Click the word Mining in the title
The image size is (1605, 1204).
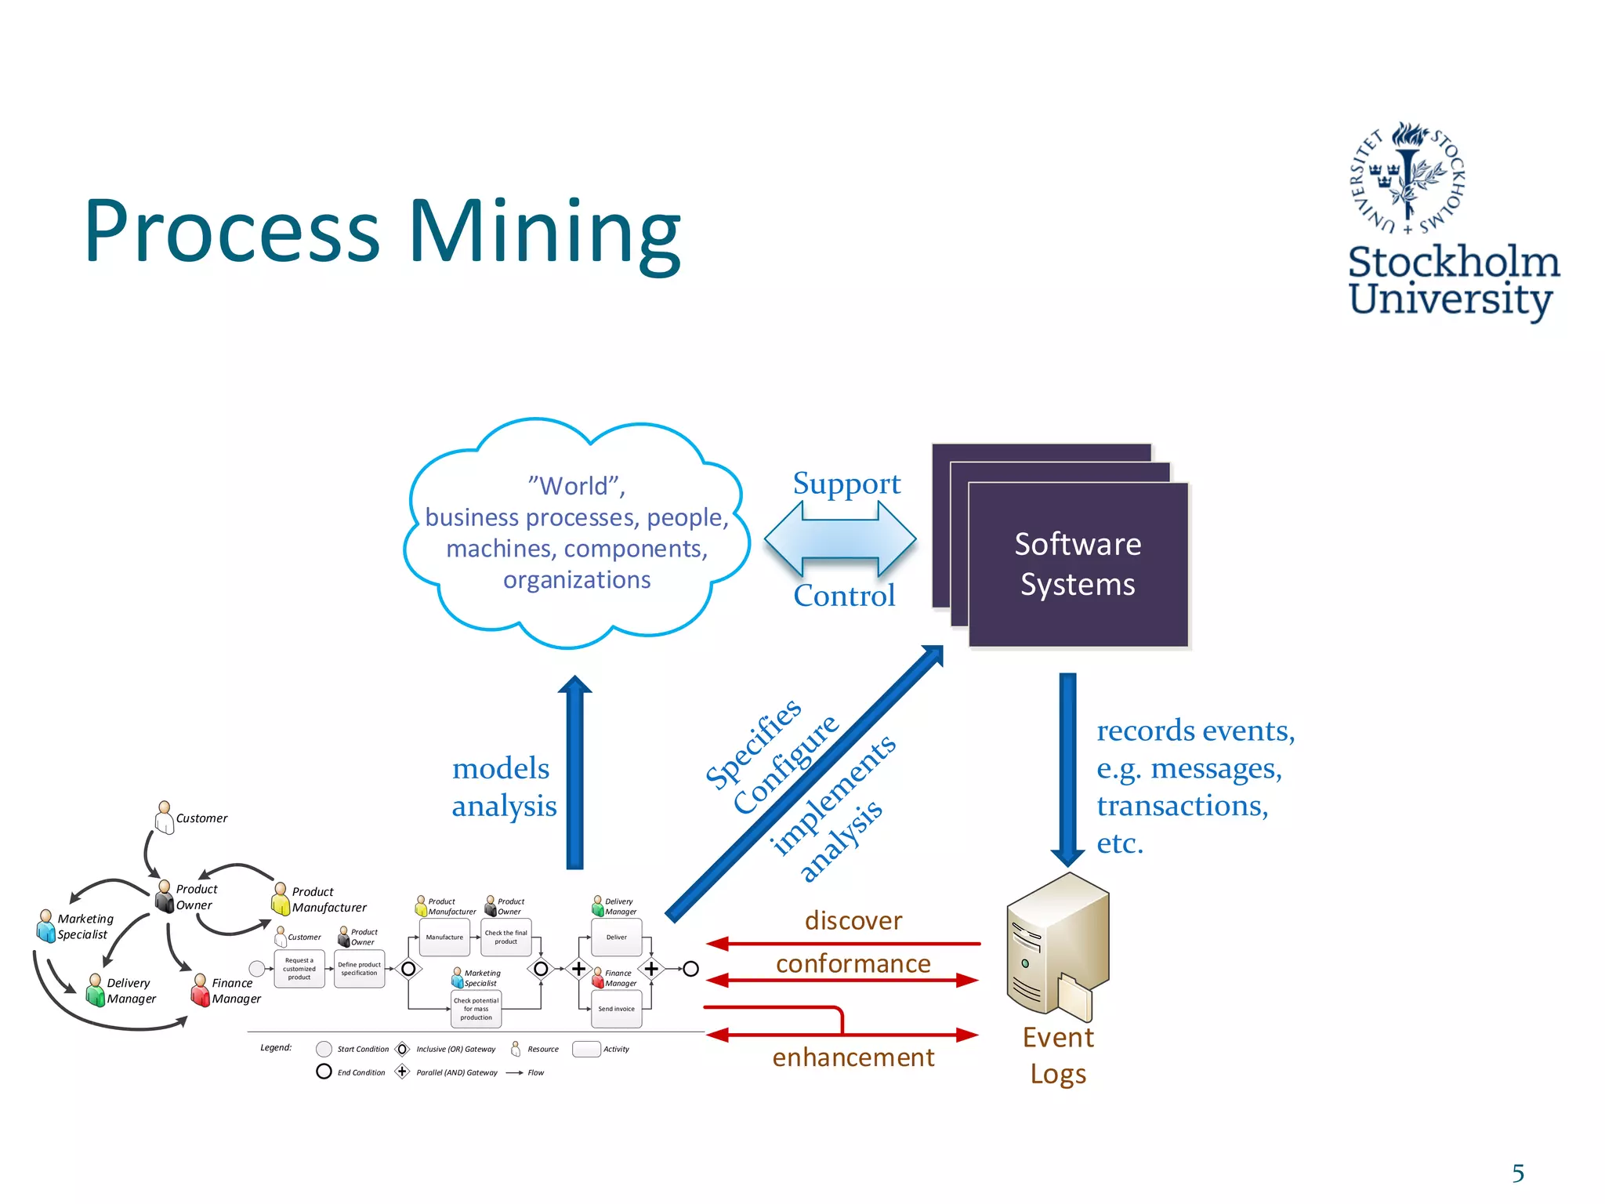[x=544, y=232]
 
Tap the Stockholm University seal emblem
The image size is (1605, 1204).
[x=1408, y=179]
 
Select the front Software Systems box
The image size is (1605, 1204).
[x=1078, y=564]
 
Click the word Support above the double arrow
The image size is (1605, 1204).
[x=846, y=484]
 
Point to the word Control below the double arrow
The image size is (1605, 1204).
[x=844, y=596]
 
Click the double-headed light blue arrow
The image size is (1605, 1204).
[x=840, y=539]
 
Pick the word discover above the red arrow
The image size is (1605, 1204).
[x=853, y=920]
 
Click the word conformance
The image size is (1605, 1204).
[x=853, y=963]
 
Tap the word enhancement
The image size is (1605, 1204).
[x=853, y=1057]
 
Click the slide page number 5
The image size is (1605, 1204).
[x=1518, y=1173]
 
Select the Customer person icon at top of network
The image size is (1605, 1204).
[x=164, y=818]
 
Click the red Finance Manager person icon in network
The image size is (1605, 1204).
[x=200, y=991]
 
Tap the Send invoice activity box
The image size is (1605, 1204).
[x=616, y=1009]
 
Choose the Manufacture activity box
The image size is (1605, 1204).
[x=444, y=937]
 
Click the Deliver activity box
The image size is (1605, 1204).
[x=616, y=937]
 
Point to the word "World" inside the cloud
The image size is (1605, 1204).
[x=576, y=486]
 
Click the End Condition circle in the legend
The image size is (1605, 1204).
[x=324, y=1072]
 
